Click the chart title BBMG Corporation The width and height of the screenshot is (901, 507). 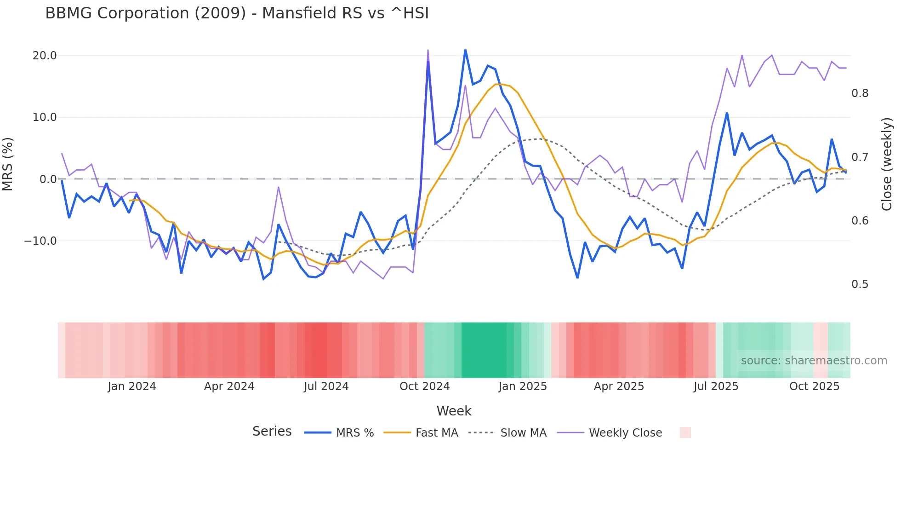[x=237, y=13]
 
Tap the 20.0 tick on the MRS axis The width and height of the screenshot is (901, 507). [x=45, y=56]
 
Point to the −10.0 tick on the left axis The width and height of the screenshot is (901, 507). [x=40, y=241]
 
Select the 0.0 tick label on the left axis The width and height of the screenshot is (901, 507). [x=48, y=179]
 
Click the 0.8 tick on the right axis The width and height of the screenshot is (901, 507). [x=860, y=93]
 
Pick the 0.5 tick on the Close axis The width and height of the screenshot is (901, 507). [x=860, y=284]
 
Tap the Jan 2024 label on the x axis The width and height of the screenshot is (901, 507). [x=132, y=386]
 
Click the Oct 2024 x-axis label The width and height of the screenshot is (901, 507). [x=424, y=386]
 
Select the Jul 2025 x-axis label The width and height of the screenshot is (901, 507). [x=716, y=386]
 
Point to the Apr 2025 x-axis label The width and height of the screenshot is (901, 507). [x=619, y=386]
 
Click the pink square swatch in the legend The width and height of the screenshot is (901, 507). [x=685, y=432]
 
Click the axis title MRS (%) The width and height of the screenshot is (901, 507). [x=8, y=164]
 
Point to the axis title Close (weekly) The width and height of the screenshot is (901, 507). [x=887, y=164]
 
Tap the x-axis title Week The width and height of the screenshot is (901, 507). [x=454, y=411]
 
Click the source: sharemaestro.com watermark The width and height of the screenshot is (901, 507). [x=814, y=361]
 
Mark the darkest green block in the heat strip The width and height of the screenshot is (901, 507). [x=484, y=350]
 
